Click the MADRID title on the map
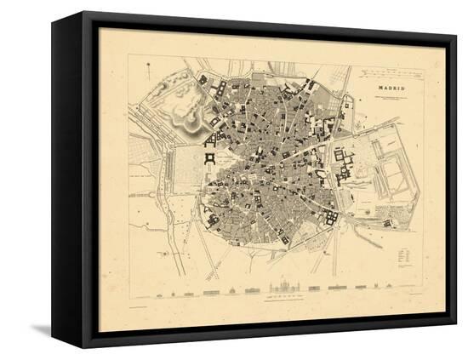[x=391, y=88]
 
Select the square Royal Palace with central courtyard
[x=209, y=158]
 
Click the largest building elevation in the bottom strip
[x=284, y=288]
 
